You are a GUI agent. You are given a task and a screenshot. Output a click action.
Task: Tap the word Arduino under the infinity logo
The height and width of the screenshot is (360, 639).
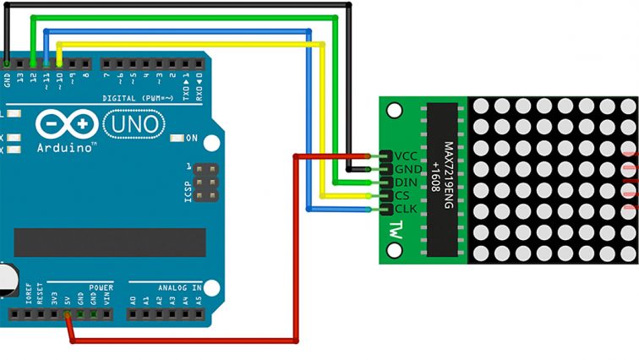coord(67,147)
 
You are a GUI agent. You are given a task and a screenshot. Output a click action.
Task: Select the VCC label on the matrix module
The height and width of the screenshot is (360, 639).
coord(406,156)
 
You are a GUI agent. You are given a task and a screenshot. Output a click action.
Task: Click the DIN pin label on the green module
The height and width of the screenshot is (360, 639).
coord(405,183)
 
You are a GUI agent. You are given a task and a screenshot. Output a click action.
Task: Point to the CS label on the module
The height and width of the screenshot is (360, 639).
coord(402,195)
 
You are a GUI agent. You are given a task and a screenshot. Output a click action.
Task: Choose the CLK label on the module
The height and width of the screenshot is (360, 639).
coord(405,209)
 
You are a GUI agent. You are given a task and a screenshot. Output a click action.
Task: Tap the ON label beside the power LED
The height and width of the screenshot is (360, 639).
coord(191,138)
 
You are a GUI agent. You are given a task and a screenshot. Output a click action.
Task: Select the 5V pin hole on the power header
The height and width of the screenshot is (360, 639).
coord(67,314)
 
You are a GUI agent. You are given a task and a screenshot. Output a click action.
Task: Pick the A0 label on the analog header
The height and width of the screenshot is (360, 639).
coord(133,298)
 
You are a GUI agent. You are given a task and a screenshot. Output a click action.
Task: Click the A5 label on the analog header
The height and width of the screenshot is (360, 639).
coord(199,298)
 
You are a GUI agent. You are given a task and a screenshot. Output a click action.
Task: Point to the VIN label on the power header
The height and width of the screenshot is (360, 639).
coord(106,297)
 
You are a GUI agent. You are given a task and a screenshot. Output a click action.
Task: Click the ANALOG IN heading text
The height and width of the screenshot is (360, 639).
coord(178,287)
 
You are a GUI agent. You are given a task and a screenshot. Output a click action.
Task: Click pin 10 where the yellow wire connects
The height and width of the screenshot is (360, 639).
coord(59,63)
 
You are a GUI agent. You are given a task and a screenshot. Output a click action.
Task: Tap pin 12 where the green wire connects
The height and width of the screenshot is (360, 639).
coord(33,63)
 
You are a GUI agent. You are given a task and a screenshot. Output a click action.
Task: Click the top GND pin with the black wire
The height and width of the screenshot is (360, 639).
coord(7,63)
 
